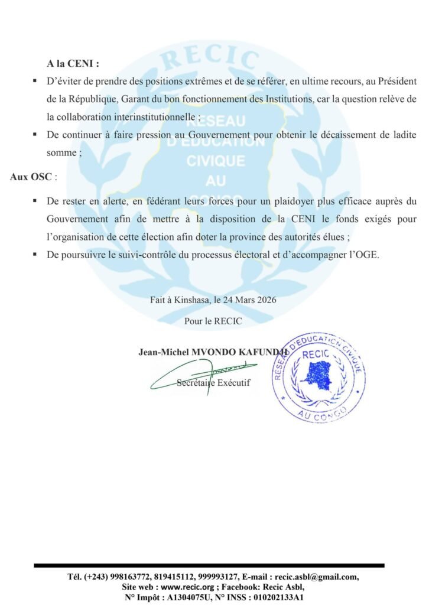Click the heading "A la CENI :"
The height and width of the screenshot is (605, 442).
[73, 63]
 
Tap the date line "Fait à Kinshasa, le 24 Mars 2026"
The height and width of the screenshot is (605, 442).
[213, 300]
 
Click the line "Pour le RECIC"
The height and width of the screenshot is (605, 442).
[213, 321]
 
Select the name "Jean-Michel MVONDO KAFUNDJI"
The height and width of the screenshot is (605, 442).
[213, 352]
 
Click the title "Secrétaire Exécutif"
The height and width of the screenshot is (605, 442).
[213, 383]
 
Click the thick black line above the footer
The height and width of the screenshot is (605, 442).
[209, 565]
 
